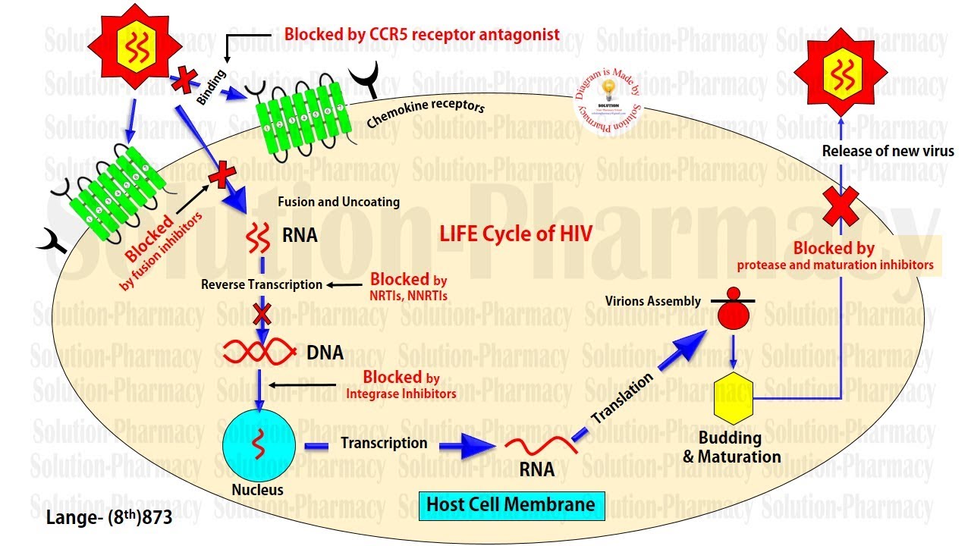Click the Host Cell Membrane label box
(x=511, y=504)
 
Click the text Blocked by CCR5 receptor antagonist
(x=422, y=34)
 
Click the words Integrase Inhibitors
(x=401, y=394)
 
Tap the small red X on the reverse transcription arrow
(x=261, y=313)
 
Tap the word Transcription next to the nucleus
(x=384, y=442)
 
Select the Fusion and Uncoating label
(x=338, y=202)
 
